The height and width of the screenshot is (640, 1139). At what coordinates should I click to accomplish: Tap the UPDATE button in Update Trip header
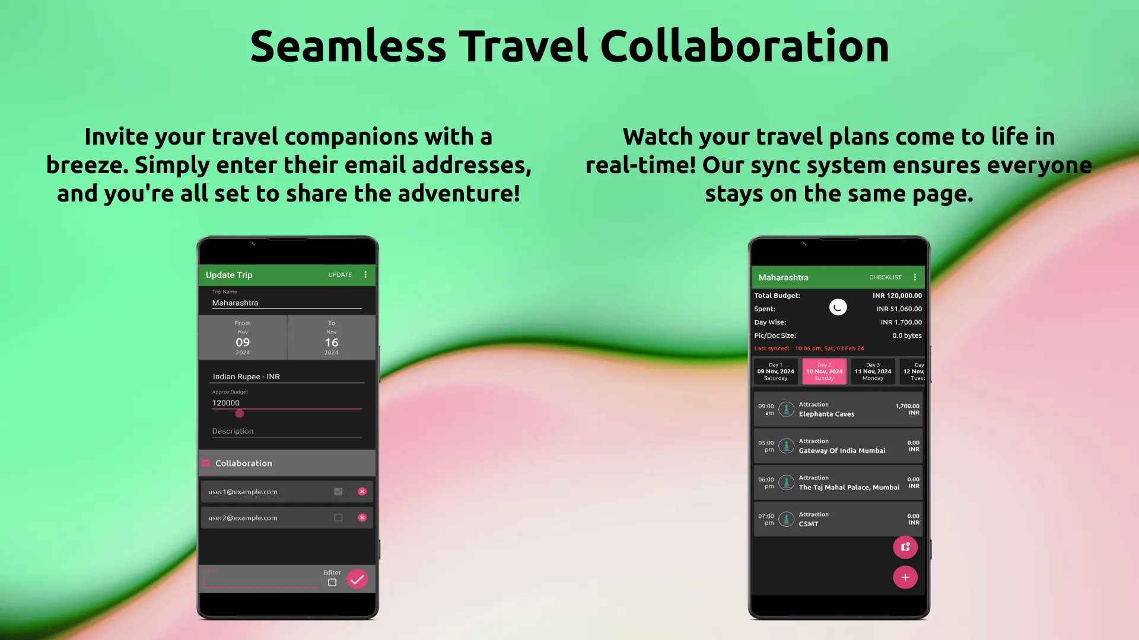click(340, 275)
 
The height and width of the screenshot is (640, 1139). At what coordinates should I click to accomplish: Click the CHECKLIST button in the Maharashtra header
click(885, 277)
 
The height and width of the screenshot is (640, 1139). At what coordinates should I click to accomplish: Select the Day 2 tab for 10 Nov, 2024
click(824, 372)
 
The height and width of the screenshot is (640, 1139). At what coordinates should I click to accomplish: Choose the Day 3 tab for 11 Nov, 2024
click(873, 372)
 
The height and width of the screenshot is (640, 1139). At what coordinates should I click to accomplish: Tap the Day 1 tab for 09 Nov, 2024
click(775, 372)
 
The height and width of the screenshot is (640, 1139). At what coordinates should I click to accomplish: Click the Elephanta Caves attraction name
click(826, 414)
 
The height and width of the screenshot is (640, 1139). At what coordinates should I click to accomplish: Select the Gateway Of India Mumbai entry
click(842, 451)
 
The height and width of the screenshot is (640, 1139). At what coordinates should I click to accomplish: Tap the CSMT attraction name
click(808, 524)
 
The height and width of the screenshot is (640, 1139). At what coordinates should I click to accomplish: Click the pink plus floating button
click(905, 577)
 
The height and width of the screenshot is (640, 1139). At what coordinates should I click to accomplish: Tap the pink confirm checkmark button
click(357, 580)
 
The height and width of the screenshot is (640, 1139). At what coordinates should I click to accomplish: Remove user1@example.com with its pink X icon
click(362, 492)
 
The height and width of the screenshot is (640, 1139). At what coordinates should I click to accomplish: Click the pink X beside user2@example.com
click(362, 518)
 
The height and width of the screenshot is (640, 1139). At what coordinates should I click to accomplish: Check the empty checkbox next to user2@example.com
click(338, 518)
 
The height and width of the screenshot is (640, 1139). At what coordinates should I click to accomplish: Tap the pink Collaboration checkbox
click(206, 463)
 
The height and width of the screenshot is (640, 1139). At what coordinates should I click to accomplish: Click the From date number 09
click(243, 343)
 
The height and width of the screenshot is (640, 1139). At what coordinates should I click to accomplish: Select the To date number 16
click(332, 343)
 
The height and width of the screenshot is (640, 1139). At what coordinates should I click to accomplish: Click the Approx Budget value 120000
click(226, 403)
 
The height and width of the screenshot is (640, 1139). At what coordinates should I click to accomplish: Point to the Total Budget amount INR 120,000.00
click(897, 296)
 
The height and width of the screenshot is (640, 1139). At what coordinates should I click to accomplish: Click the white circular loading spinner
click(838, 308)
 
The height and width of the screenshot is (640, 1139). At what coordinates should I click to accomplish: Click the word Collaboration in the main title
click(745, 46)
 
